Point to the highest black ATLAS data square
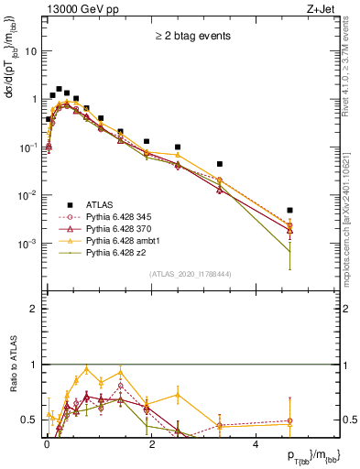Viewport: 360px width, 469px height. [x=59, y=90]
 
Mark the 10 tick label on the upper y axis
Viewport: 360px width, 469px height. [x=30, y=51]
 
